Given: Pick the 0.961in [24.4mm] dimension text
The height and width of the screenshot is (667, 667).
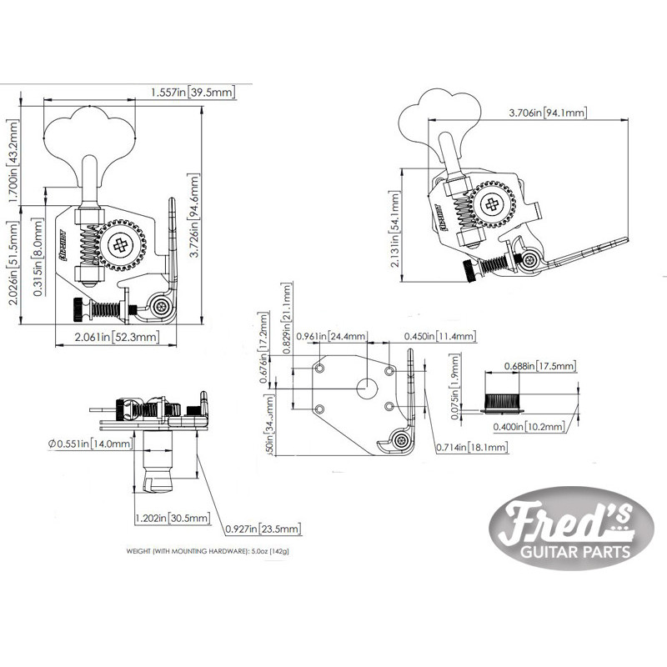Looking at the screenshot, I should tap(333, 337).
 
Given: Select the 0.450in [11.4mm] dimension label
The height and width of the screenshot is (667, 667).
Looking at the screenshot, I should tap(439, 337).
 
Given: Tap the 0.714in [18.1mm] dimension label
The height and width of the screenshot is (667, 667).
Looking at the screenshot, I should tap(471, 448).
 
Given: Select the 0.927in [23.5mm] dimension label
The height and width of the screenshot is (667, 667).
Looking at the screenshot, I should tap(262, 529).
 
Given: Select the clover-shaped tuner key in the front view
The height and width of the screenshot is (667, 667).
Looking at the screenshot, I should tap(87, 133).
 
